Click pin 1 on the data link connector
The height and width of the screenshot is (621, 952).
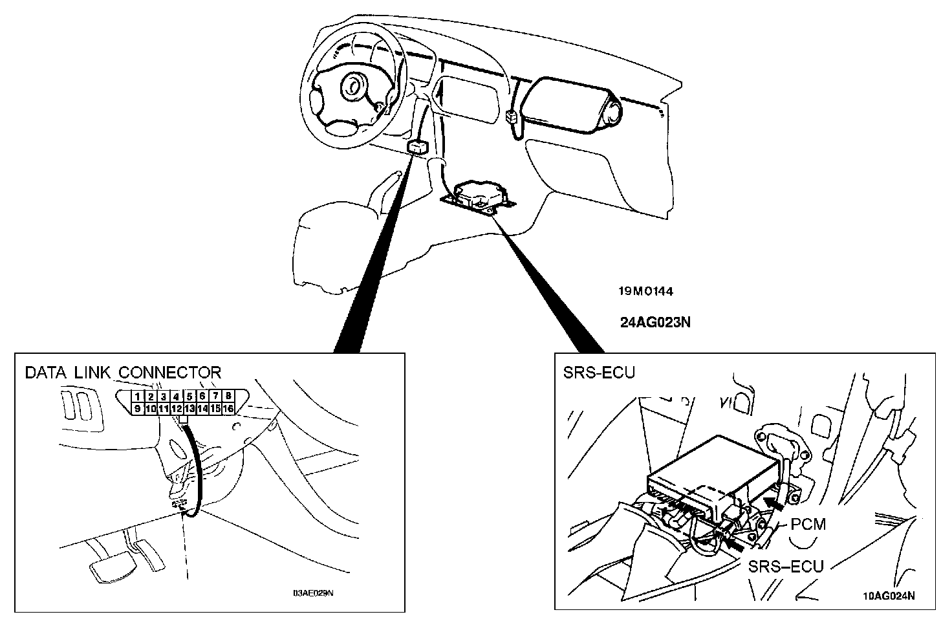[x=137, y=397]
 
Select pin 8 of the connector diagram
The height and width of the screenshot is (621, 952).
[x=228, y=397]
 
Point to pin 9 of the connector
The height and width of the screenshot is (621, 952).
[x=137, y=409]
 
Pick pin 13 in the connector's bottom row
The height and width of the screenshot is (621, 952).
[x=189, y=409]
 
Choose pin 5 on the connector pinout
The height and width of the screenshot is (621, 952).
[x=189, y=397]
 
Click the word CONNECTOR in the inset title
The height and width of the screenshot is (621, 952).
[x=170, y=373]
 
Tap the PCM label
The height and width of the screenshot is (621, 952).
[x=808, y=524]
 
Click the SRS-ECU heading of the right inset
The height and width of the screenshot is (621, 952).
[x=599, y=373]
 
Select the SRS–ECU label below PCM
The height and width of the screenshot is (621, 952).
[x=786, y=567]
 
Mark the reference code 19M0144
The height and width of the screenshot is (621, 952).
[x=645, y=292]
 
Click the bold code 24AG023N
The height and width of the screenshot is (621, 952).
[x=654, y=321]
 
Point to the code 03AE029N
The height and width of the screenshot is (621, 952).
[x=313, y=593]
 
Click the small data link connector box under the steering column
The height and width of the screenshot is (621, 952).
[x=417, y=147]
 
